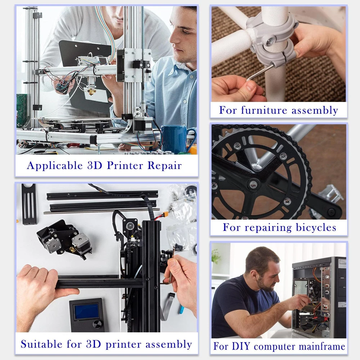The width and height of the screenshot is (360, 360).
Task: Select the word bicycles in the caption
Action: click(x=316, y=228)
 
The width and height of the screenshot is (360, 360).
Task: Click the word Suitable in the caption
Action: click(x=41, y=344)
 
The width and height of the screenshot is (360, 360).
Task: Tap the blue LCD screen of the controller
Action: click(x=86, y=311)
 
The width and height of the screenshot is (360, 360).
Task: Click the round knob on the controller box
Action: click(x=97, y=324)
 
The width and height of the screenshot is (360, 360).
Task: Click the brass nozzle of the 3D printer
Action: click(x=91, y=91)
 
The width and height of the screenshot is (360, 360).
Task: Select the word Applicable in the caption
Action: click(x=55, y=166)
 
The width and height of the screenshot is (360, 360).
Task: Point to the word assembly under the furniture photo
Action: click(x=315, y=111)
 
